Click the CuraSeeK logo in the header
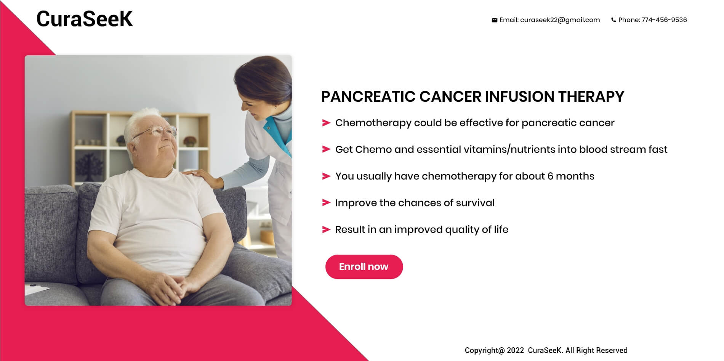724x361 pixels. coord(85,19)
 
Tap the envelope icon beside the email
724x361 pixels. coord(494,20)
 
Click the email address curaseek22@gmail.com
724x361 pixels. coord(560,20)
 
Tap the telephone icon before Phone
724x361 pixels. coord(613,20)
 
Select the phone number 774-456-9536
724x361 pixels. coord(664,20)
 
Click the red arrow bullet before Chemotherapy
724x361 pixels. coord(326,123)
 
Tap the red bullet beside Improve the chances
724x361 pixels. coord(326,203)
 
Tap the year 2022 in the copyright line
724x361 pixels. coord(515,350)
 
